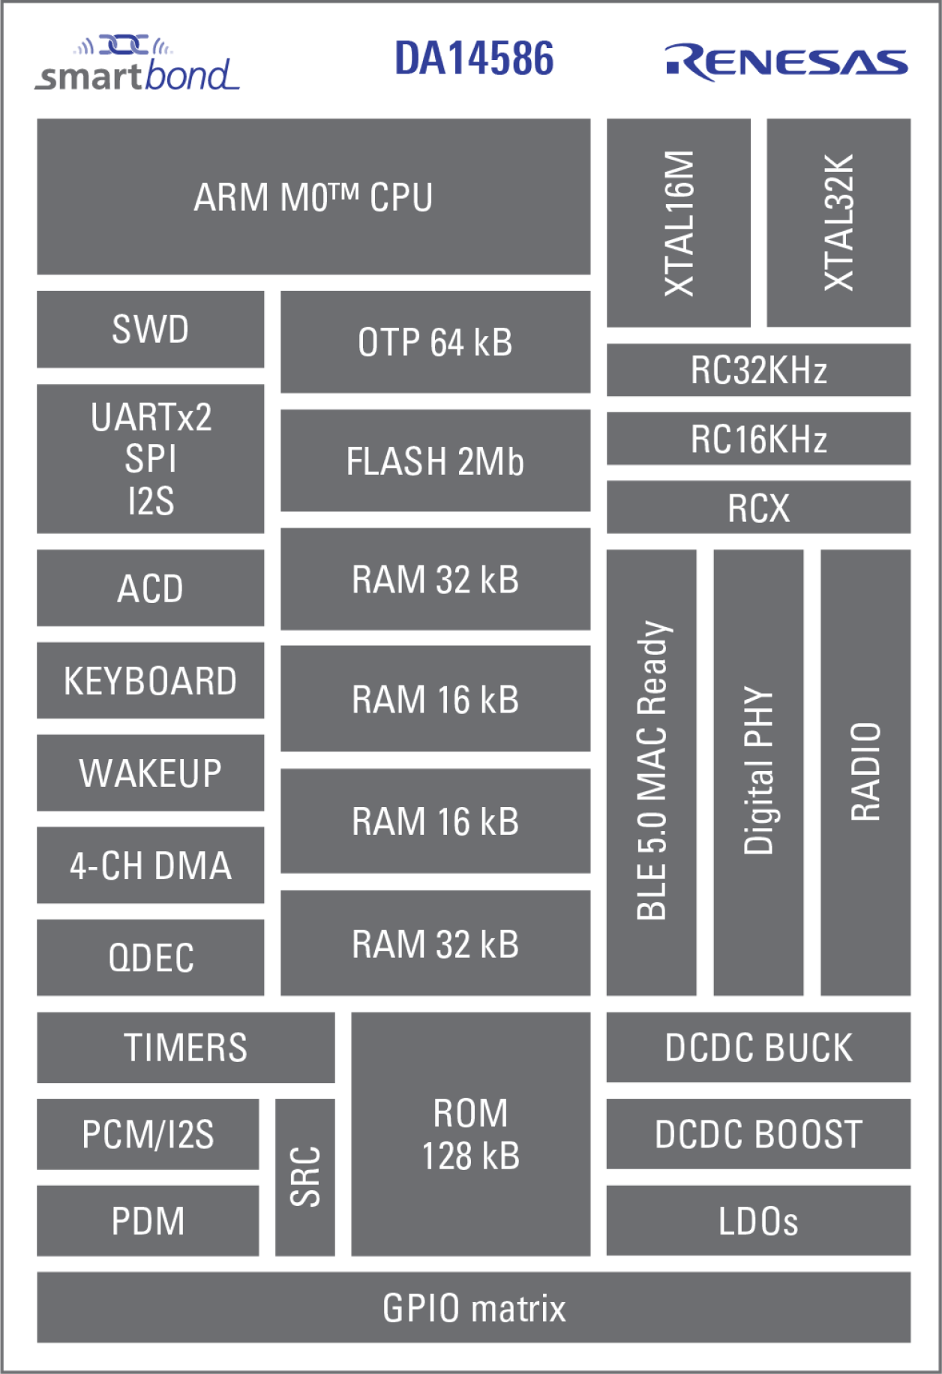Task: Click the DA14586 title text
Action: point(474,58)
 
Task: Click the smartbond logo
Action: point(138,66)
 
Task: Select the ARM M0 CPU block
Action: point(313,196)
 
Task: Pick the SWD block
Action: point(150,329)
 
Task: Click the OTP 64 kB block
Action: point(435,342)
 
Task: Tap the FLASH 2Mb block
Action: point(435,460)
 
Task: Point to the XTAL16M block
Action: point(678,223)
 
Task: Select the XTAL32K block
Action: point(838,223)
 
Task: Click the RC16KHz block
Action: point(758,439)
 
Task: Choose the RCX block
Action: point(758,508)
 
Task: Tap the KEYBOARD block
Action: point(150,680)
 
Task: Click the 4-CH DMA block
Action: point(150,865)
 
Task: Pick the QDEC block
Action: point(150,958)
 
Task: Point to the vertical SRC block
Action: point(304,1177)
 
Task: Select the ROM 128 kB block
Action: point(470,1134)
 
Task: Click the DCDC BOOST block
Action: point(758,1134)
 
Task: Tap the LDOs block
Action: point(758,1220)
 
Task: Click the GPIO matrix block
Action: point(473,1307)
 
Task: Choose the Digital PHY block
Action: point(758,772)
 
